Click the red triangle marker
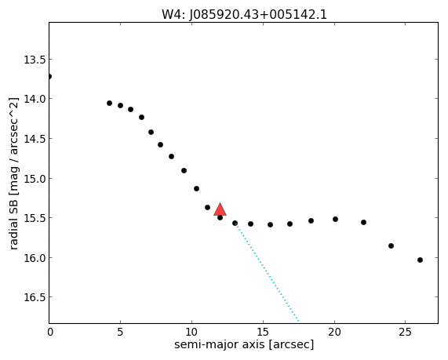220,209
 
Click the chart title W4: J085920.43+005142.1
244,15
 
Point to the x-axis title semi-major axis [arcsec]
244,344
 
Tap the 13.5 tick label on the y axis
35,60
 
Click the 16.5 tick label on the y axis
35,297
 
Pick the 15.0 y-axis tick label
35,179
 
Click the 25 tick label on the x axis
405,332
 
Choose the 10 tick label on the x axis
191,332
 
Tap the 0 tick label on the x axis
49,332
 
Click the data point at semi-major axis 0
49,77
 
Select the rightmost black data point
420,260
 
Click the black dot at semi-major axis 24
392,246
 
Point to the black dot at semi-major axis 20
336,220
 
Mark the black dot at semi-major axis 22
363,222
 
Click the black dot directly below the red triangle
220,218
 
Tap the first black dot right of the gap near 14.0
109,104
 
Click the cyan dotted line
267,273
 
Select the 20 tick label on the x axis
334,332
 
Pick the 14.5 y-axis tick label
35,139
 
